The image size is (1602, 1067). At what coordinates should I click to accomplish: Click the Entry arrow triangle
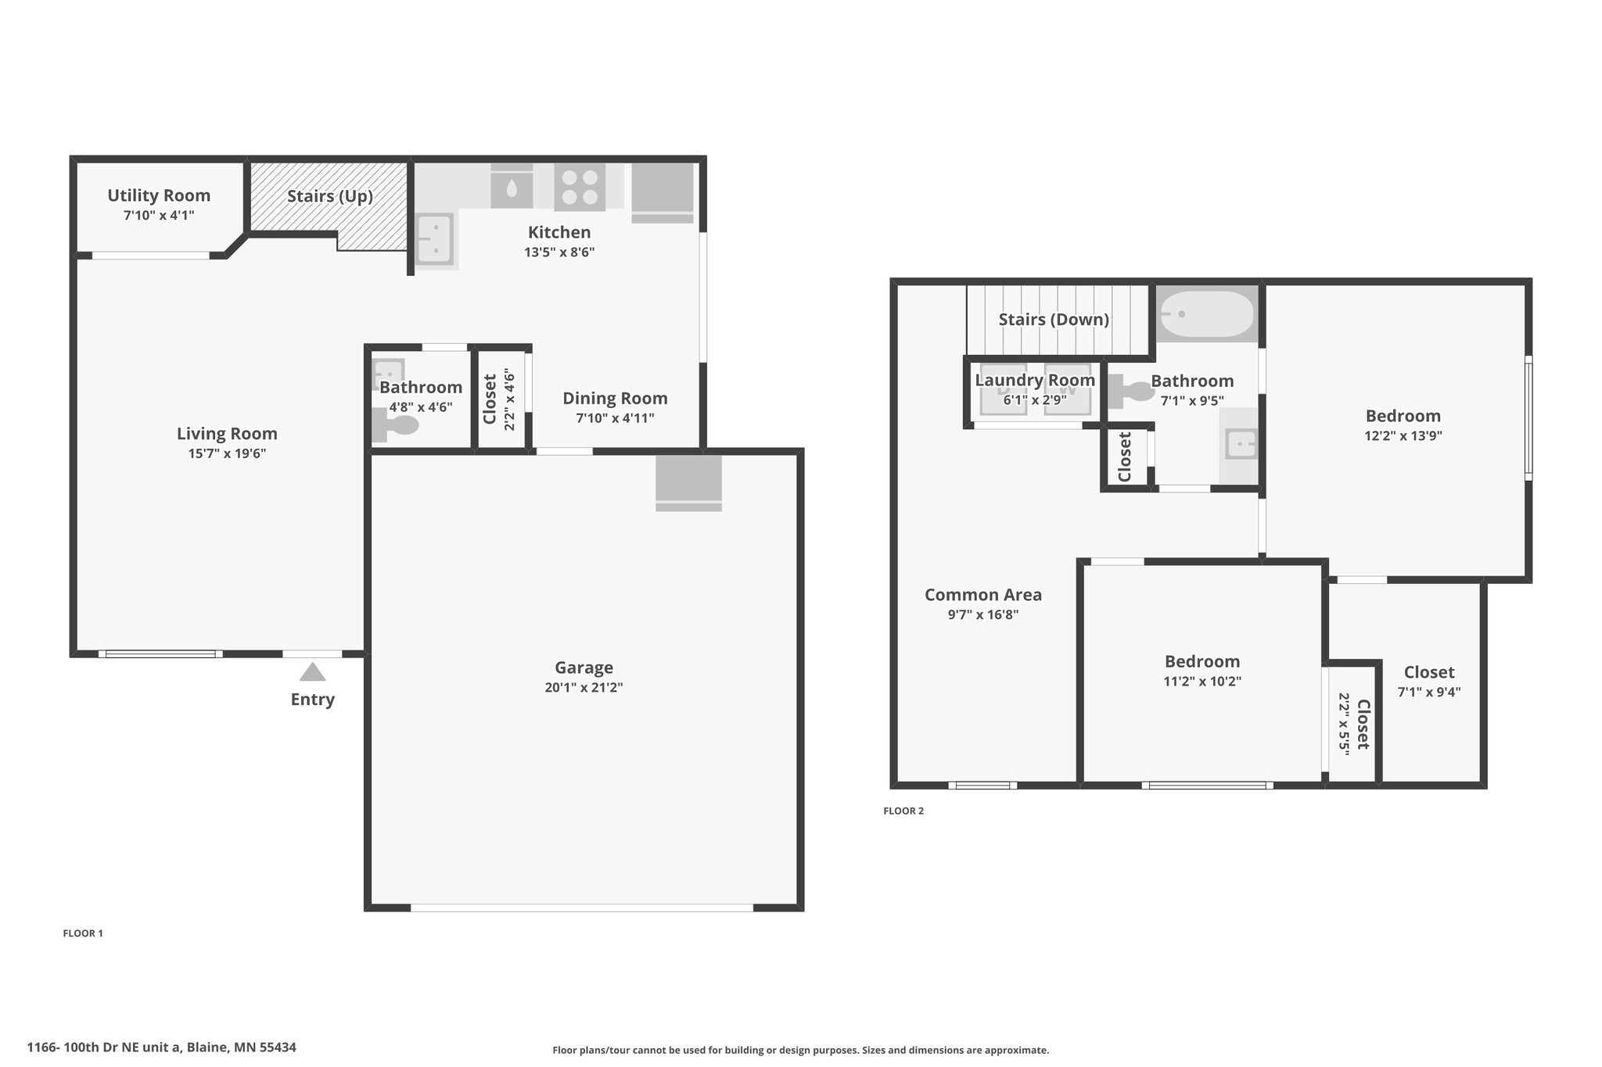tap(312, 671)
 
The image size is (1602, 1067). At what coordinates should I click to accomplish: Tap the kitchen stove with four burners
tap(580, 188)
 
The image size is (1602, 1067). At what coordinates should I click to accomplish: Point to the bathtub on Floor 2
tap(1206, 314)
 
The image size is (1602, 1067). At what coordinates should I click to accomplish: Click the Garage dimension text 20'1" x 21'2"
tap(584, 688)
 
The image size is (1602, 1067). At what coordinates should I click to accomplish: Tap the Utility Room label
tap(159, 195)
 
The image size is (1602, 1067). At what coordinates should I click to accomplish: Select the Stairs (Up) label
tap(330, 196)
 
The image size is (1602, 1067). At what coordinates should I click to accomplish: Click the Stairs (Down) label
tap(1054, 320)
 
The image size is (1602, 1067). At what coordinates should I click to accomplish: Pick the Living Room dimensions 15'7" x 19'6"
tap(227, 453)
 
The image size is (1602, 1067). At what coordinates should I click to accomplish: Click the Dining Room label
tap(615, 399)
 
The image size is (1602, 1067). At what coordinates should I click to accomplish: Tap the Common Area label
tap(983, 595)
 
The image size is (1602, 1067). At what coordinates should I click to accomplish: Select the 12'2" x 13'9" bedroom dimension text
tap(1403, 436)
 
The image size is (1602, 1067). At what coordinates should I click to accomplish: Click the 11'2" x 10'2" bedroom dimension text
tap(1202, 681)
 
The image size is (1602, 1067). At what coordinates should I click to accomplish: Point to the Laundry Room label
tap(1035, 381)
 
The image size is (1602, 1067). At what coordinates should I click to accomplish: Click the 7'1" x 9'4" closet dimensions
tap(1429, 692)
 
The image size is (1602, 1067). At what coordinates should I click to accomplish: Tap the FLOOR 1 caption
tap(83, 933)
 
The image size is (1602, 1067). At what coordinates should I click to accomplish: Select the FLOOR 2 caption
tap(903, 811)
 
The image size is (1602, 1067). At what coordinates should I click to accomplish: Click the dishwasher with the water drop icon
tap(512, 188)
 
